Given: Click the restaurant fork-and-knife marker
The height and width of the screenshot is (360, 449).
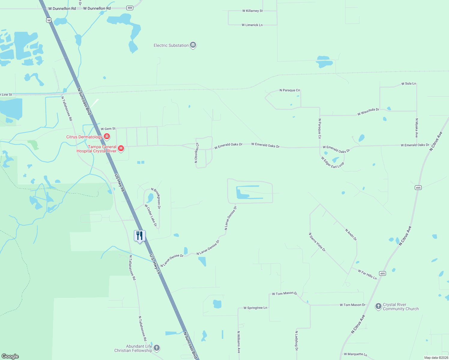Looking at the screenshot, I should click(140, 236).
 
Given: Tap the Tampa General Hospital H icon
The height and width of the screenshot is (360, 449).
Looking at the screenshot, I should click(121, 148).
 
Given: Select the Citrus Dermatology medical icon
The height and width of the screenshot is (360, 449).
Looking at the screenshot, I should click(107, 137).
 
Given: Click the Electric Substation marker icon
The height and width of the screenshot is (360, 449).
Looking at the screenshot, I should click(193, 45).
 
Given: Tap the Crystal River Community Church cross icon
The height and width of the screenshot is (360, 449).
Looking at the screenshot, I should click(378, 307).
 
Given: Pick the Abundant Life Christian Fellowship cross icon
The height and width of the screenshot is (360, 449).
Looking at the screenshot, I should click(157, 348).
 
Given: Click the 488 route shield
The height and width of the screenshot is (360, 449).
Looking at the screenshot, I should click(130, 8).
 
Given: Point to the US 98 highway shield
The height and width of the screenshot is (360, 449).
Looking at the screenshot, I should click(49, 20).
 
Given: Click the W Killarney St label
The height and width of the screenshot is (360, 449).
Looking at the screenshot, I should click(252, 11).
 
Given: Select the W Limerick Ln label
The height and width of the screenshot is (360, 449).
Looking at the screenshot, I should click(252, 25).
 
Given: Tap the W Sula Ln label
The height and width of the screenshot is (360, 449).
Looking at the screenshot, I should click(408, 84).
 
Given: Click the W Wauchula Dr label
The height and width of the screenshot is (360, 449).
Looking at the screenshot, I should click(368, 112).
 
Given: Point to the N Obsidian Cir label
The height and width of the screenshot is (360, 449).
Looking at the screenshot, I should click(197, 153).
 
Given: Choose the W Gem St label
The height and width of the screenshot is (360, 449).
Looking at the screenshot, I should click(108, 129).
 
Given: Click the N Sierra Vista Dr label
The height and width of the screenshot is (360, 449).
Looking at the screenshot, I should click(317, 242).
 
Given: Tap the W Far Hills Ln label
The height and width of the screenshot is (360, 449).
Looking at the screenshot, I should click(367, 274).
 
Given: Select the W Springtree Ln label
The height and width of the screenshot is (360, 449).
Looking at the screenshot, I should click(255, 308).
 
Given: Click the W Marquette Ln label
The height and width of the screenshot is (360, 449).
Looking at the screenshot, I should click(355, 354).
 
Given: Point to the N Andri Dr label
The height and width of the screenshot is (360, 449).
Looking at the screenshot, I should click(351, 235).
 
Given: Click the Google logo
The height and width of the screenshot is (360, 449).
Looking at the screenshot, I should click(10, 356).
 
